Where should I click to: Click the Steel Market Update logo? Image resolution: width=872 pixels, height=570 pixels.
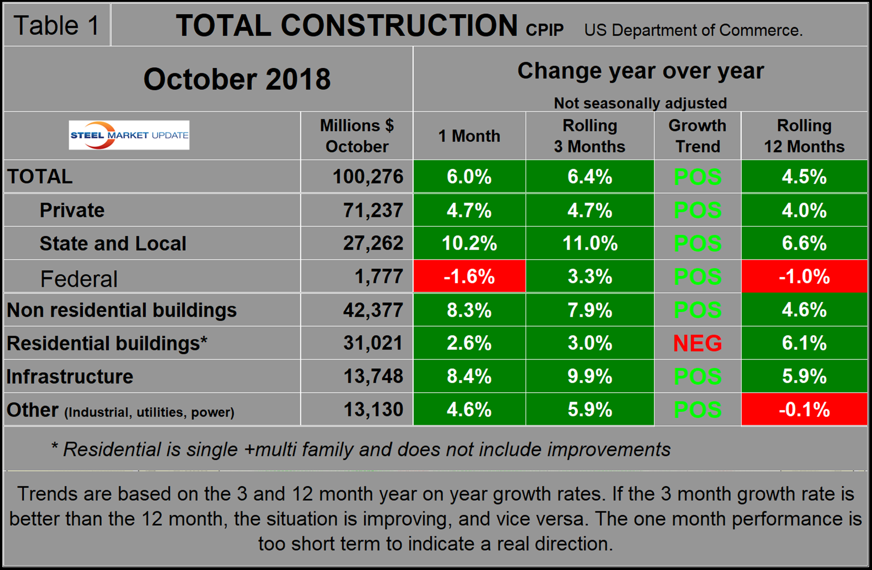click(129, 135)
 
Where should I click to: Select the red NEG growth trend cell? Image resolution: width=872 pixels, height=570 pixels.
click(697, 344)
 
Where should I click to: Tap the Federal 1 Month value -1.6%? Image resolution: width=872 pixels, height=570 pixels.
click(469, 277)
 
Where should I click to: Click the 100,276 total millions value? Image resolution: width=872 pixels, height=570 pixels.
click(368, 177)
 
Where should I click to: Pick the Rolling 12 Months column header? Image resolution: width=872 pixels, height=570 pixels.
click(804, 136)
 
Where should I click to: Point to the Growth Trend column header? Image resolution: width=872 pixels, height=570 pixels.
click(697, 136)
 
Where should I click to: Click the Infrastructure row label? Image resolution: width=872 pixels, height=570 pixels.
click(70, 377)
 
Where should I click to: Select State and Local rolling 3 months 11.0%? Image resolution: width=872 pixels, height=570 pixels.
click(590, 243)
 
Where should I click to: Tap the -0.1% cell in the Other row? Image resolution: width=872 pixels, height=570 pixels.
click(804, 410)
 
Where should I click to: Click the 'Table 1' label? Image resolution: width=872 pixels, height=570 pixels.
click(56, 25)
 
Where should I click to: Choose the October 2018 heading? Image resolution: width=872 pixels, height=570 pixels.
click(237, 79)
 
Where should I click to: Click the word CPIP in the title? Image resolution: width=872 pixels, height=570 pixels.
click(545, 30)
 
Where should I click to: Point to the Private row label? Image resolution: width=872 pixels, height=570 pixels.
click(72, 211)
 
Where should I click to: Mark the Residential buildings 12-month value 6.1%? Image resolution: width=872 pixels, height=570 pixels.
click(804, 344)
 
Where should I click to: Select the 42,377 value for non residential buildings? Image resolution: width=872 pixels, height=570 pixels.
click(373, 310)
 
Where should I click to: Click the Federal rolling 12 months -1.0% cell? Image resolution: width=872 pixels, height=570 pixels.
click(804, 277)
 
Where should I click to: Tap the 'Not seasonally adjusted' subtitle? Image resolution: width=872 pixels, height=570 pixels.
click(640, 103)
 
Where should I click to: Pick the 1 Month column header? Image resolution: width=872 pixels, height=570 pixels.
click(469, 136)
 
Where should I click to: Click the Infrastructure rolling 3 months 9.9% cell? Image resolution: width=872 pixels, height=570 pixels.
click(590, 377)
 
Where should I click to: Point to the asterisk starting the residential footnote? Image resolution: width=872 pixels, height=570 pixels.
click(54, 448)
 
